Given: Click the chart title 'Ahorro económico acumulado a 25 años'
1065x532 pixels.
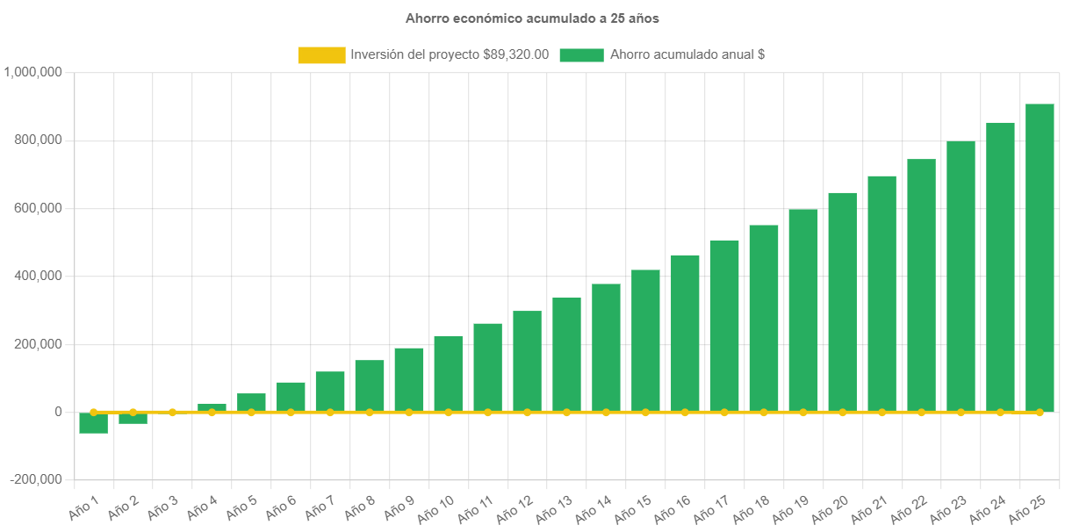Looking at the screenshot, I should (532, 18).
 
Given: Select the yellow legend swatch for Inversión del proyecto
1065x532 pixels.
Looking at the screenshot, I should (321, 55).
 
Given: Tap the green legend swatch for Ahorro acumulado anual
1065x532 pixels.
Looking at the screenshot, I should (581, 55).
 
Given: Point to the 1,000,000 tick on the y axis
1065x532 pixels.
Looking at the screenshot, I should (32, 72).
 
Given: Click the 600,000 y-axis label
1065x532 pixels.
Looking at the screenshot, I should (38, 208).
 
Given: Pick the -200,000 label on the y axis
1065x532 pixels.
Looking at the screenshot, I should (36, 479).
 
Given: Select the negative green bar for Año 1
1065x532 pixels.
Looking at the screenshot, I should (93, 423).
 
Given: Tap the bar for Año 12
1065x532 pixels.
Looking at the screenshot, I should (527, 361).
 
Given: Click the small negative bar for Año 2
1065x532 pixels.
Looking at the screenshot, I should (133, 418).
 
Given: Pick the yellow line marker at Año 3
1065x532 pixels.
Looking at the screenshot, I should (172, 412).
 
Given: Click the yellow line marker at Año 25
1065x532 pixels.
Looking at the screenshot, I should (1040, 412).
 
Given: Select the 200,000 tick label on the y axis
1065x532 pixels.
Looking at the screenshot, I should (38, 344).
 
